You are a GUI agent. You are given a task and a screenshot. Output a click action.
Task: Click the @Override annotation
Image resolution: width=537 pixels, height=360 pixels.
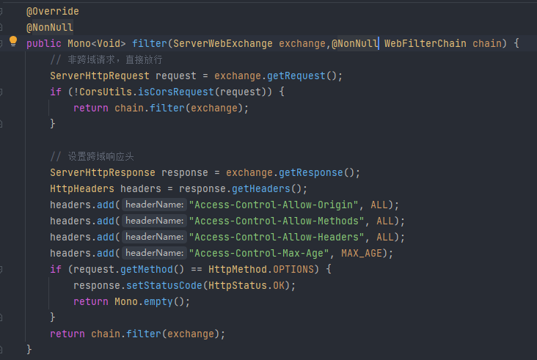(x=53, y=12)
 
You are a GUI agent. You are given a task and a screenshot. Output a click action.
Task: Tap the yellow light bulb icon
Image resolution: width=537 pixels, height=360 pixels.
(x=13, y=41)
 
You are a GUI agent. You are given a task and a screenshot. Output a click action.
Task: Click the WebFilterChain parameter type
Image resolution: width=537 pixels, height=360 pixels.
(x=425, y=44)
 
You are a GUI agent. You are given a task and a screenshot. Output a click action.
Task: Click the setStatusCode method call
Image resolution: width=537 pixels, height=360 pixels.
(x=162, y=285)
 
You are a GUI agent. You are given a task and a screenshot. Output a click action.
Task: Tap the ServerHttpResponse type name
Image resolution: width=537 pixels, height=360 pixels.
(x=103, y=172)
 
